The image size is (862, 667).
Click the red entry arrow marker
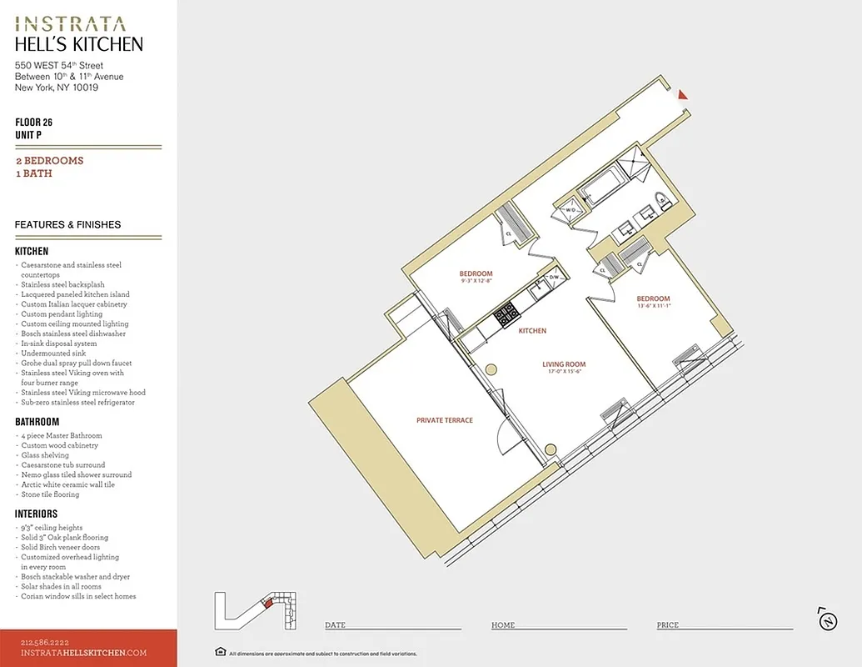pos(682,94)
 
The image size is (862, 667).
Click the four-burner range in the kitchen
pos(506,315)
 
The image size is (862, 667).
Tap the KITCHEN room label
pos(532,331)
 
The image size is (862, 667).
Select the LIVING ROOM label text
pos(564,364)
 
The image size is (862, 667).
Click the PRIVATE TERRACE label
pos(444,420)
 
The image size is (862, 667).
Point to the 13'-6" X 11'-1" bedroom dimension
pos(653,307)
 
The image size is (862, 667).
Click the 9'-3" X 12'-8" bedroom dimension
pos(476,282)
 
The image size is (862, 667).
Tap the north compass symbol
pos(827,619)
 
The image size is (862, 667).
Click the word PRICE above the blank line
pos(667,625)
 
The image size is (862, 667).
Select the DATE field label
pos(335,625)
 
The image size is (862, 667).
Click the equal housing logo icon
pos(220,652)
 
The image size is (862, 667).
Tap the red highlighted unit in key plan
pos(267,604)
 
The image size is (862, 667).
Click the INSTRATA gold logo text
pos(71,24)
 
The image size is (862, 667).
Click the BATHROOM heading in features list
pos(37,422)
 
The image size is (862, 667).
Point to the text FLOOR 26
pos(33,123)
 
